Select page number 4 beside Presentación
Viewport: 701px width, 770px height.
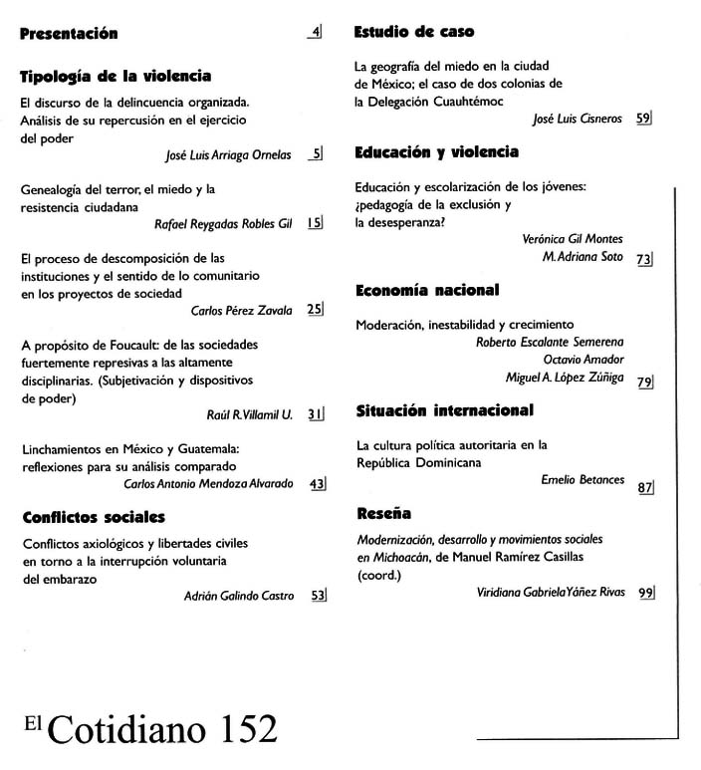point(316,33)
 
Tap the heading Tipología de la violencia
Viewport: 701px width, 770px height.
point(116,76)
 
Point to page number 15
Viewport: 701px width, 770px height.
point(315,223)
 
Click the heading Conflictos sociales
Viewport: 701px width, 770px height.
point(93,517)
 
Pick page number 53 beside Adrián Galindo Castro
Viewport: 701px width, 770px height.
point(318,596)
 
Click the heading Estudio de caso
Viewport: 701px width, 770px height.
point(413,32)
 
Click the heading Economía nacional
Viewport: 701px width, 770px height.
point(426,291)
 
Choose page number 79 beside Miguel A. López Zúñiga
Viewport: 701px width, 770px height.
point(644,382)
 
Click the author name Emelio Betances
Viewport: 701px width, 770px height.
point(583,480)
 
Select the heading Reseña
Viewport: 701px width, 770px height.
point(382,514)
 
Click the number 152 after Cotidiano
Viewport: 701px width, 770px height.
point(236,729)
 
